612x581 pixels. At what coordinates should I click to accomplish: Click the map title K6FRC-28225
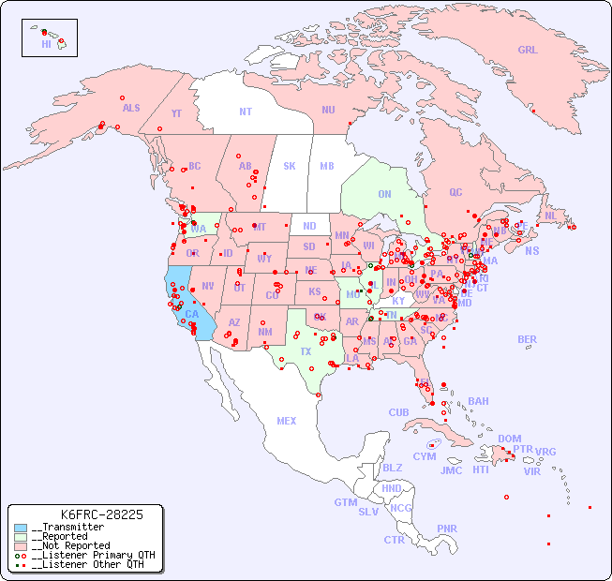tap(101, 514)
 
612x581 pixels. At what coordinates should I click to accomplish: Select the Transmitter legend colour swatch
tap(21, 528)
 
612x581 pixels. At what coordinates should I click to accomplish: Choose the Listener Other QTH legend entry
tap(88, 564)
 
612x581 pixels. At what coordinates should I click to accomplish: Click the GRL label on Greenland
tap(528, 51)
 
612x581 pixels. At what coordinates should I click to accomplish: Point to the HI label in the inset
tap(46, 44)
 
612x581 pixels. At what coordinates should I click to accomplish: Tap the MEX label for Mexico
tap(287, 422)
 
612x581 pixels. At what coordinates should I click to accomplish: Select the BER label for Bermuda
tap(528, 339)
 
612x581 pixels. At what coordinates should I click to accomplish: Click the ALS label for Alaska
tap(131, 109)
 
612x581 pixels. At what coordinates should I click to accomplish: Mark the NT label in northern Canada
tap(246, 112)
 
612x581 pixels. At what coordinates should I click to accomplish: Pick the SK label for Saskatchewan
tap(290, 167)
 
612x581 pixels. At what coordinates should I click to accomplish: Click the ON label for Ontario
tap(384, 195)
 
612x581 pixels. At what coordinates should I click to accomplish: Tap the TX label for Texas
tap(306, 351)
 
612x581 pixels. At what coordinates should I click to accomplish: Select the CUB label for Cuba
tap(399, 413)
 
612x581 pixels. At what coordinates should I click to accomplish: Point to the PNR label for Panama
tap(447, 529)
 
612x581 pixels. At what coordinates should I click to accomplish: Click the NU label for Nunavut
tap(328, 111)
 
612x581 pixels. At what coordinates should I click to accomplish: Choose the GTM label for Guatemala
tap(345, 502)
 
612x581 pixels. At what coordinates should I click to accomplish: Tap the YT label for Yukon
tap(176, 113)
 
